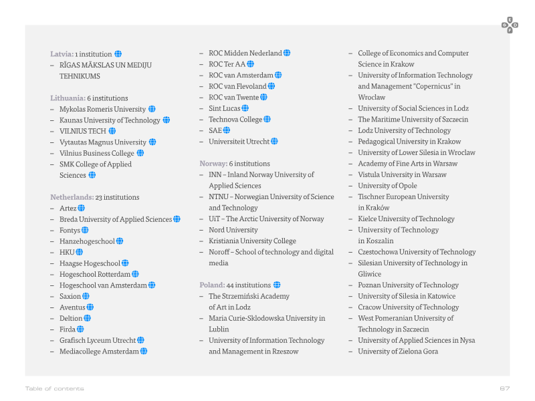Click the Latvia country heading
(62, 54)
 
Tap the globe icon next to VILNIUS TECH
(112, 131)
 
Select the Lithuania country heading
(68, 98)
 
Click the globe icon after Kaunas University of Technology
(166, 120)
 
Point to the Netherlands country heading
(72, 197)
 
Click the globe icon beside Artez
(81, 208)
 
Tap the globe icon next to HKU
(79, 252)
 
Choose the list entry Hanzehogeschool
(87, 241)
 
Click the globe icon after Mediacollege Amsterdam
(144, 351)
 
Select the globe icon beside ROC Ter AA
(250, 63)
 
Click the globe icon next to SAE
(226, 130)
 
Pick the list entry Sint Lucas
(225, 108)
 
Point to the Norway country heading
(213, 164)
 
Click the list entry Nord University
(233, 230)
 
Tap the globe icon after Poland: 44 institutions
(277, 285)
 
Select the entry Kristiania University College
(253, 241)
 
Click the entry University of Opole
(387, 186)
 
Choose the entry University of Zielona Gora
(398, 352)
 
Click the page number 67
(505, 388)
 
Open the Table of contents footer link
(55, 388)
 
